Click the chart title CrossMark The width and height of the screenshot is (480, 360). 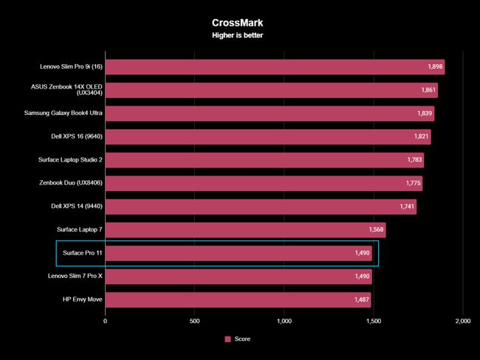pyautogui.click(x=240, y=23)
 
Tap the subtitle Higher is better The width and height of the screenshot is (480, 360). pyautogui.click(x=240, y=35)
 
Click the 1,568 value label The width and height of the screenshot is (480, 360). pyautogui.click(x=376, y=230)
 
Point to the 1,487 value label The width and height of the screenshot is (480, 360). pyautogui.click(x=361, y=300)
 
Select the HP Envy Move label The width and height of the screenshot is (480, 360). pyautogui.click(x=83, y=300)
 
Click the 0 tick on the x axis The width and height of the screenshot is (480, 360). pyautogui.click(x=106, y=321)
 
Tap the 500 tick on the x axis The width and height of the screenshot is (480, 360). pyautogui.click(x=195, y=321)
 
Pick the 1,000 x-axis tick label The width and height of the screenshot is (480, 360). pyautogui.click(x=284, y=321)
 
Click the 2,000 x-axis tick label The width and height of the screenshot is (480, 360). pyautogui.click(x=462, y=321)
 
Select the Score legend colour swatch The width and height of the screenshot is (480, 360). pyautogui.click(x=228, y=339)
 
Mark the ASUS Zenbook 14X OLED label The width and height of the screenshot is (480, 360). pyautogui.click(x=71, y=91)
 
